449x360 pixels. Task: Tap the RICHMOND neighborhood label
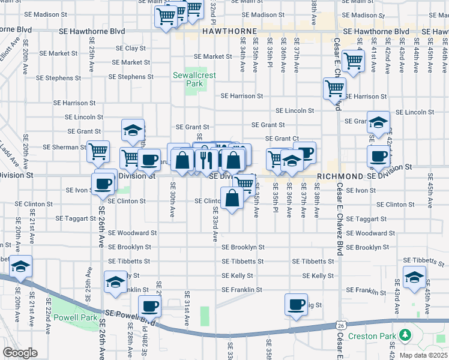point(339,176)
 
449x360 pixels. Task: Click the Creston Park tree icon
point(406,334)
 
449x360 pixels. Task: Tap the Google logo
point(20,353)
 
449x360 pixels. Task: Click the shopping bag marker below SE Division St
point(232,198)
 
